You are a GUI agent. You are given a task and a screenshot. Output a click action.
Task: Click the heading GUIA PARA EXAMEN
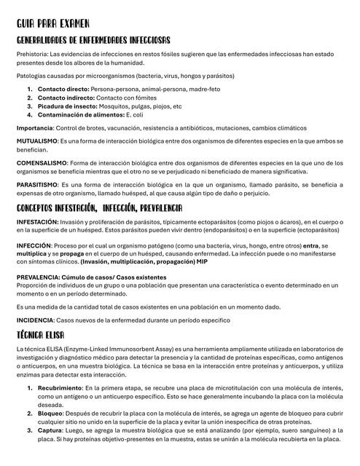(x=52, y=25)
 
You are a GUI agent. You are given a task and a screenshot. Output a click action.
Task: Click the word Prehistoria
(x=32, y=54)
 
